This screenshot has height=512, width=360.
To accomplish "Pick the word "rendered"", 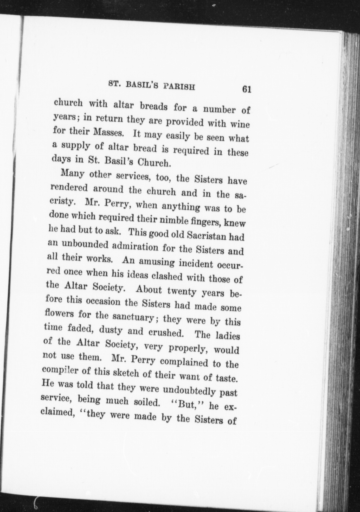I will click(68, 188).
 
